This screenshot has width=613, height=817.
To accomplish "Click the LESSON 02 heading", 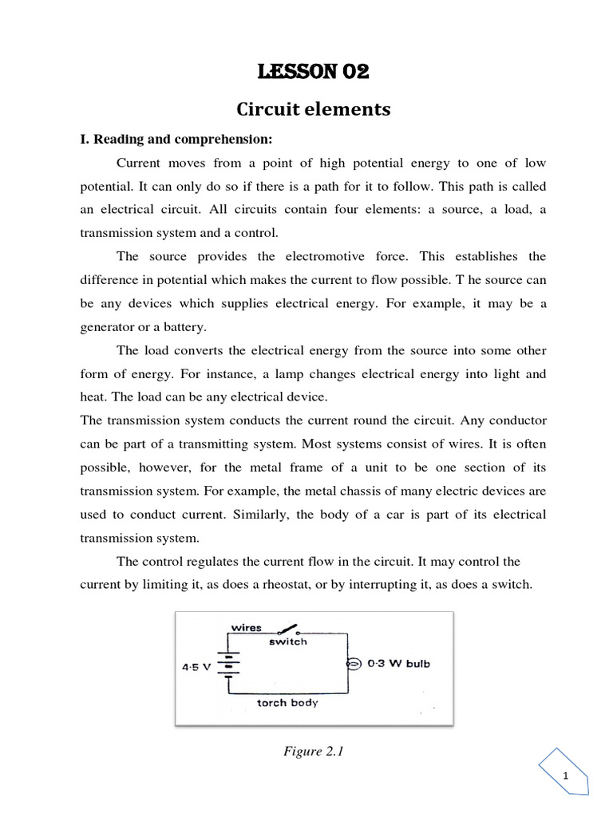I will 313,73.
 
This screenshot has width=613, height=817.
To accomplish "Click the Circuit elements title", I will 313,109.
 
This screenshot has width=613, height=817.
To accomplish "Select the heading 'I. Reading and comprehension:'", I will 176,140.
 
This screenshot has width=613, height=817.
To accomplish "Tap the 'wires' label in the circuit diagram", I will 246,627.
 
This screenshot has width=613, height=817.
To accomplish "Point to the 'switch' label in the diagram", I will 287,641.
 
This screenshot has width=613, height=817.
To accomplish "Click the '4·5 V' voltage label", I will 196,666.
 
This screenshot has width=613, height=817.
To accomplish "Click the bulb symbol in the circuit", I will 352,664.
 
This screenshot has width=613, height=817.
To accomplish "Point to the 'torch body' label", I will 287,703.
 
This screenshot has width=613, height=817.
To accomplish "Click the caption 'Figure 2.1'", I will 313,752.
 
